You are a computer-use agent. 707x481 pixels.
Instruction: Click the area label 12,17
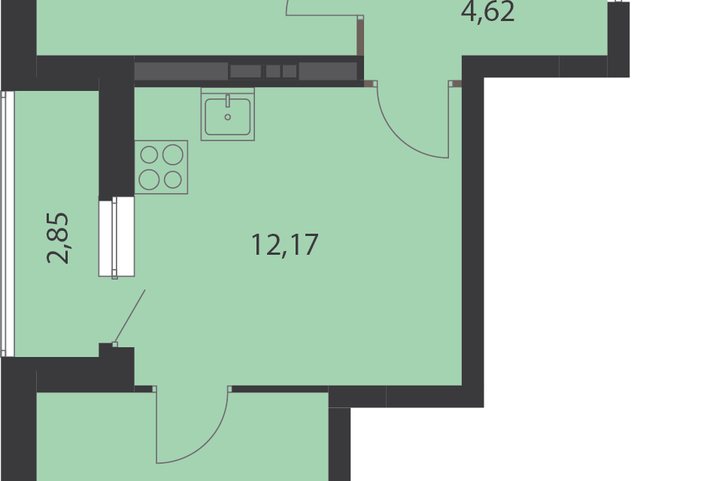285,245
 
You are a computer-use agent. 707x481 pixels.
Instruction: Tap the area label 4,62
488,12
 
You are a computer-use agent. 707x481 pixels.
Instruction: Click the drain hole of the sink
227,117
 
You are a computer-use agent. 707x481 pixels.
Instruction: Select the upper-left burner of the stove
150,155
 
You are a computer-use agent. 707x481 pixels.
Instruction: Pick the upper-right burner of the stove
173,154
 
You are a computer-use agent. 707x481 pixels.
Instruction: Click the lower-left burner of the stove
149,180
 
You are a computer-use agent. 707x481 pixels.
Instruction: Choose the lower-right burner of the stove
173,180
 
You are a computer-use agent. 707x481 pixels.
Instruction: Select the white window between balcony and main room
116,237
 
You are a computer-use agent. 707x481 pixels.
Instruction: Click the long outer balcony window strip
7,223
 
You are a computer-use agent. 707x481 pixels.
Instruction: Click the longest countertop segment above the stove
181,71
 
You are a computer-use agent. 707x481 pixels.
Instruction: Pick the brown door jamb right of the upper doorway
456,83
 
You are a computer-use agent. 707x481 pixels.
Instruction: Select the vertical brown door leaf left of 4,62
360,36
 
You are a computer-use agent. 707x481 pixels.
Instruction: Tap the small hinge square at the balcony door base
115,344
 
